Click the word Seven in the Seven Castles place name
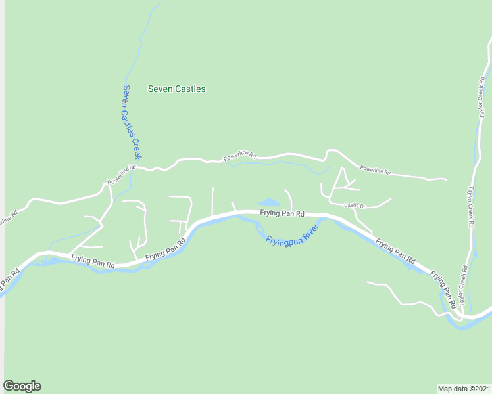pyautogui.click(x=160, y=89)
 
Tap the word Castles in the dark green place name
pyautogui.click(x=190, y=89)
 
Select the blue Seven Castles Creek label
pyautogui.click(x=132, y=121)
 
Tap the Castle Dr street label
pyautogui.click(x=355, y=206)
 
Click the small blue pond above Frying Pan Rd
pyautogui.click(x=268, y=202)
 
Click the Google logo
pyautogui.click(x=22, y=386)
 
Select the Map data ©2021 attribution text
pyautogui.click(x=463, y=388)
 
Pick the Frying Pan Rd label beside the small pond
pyautogui.click(x=282, y=213)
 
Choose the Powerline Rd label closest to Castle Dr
pyautogui.click(x=376, y=170)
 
